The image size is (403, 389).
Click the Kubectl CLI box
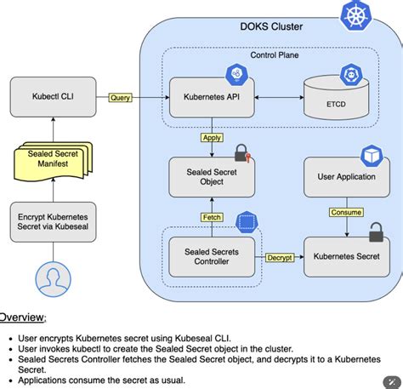coord(53,97)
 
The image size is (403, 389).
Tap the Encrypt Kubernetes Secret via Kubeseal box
coord(53,222)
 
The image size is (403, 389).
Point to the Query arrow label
coord(121,98)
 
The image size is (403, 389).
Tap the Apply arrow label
coord(211,137)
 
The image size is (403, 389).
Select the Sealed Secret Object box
coord(205,176)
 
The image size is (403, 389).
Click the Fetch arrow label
coord(211,217)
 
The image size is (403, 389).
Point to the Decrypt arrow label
coord(280,257)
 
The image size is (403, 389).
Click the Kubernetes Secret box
coord(346,255)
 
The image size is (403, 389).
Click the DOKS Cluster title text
coord(272,26)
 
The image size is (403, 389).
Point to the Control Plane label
coord(274,55)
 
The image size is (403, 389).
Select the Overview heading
coord(22,317)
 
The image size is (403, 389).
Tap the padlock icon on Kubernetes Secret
coord(375,232)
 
